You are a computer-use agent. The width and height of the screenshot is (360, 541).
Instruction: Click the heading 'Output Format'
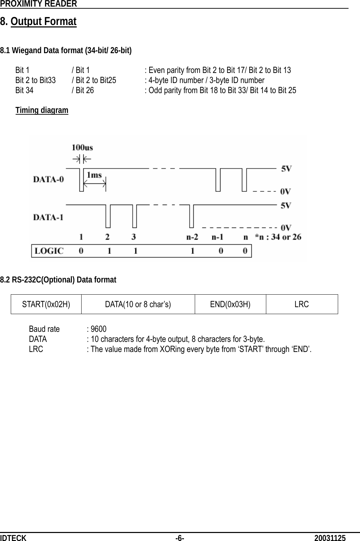(x=43, y=22)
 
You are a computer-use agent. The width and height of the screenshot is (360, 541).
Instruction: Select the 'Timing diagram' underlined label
(x=42, y=110)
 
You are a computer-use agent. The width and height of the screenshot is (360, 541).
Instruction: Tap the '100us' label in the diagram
(x=82, y=147)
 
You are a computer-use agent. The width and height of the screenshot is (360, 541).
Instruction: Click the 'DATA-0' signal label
(x=48, y=180)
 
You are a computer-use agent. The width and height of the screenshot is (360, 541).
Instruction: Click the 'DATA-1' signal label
(x=48, y=218)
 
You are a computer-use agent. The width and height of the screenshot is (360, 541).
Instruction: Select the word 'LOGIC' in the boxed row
(x=48, y=251)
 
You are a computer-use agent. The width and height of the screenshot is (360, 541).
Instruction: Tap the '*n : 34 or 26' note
(x=278, y=237)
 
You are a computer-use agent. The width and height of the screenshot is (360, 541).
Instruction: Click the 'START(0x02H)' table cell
(x=46, y=304)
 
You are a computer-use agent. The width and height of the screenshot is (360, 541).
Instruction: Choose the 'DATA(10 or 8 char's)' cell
(x=138, y=304)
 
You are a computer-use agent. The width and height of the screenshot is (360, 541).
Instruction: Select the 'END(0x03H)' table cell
(x=230, y=304)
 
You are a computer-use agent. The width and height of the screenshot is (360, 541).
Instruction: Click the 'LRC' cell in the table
(x=301, y=304)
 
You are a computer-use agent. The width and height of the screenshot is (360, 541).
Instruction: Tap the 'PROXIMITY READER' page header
(x=38, y=4)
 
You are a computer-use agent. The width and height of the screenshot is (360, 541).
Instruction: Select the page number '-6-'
(x=180, y=538)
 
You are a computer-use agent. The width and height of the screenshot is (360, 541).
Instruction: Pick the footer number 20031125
(x=330, y=538)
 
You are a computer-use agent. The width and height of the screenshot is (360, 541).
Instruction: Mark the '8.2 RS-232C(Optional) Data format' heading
(x=58, y=280)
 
